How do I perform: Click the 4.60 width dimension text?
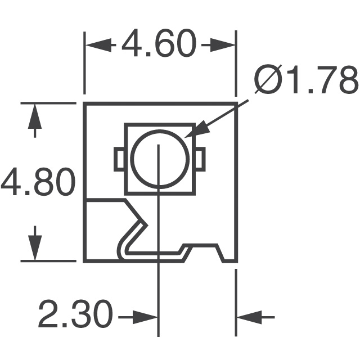point(160,44)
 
